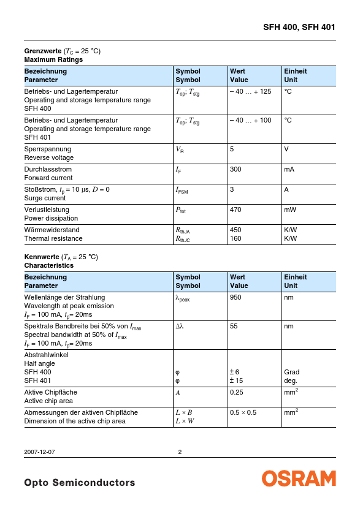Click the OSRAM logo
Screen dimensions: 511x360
click(299, 479)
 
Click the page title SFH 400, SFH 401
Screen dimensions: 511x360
click(299, 27)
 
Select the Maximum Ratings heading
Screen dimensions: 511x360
click(53, 59)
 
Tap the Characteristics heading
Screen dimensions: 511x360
click(48, 265)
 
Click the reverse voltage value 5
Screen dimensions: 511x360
click(232, 149)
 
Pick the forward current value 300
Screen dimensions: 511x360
click(235, 169)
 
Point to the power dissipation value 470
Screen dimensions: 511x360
click(235, 210)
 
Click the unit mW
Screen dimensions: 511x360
click(290, 210)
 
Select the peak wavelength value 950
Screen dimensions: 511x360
click(235, 297)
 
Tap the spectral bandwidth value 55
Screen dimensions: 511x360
click(234, 327)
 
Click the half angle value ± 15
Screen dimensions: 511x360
click(237, 380)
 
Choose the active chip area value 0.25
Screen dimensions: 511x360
click(236, 392)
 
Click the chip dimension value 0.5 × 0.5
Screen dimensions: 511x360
click(243, 412)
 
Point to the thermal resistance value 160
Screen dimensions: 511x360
click(235, 238)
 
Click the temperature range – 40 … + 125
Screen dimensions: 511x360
click(250, 91)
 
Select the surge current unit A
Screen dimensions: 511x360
click(286, 189)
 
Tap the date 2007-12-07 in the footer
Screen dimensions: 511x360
click(39, 452)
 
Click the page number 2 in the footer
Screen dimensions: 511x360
click(180, 452)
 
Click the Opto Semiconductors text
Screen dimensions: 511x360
click(79, 483)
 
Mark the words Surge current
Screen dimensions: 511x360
click(45, 198)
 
